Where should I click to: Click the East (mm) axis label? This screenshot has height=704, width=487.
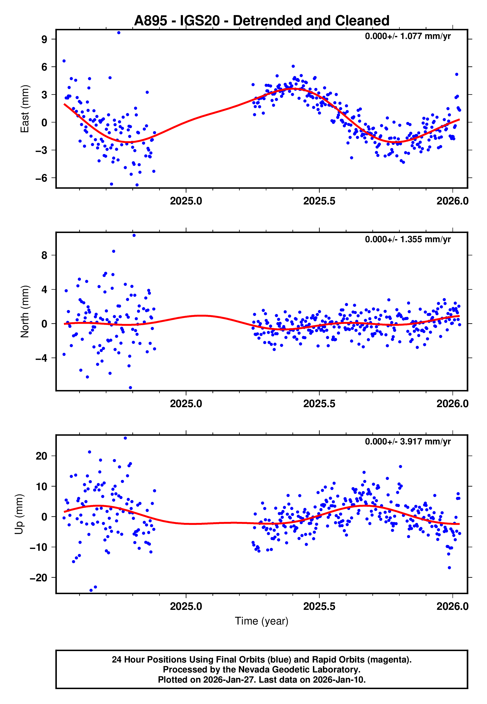click(25, 109)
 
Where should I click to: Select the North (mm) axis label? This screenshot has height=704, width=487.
click(25, 312)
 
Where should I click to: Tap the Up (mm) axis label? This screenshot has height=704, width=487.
click(19, 514)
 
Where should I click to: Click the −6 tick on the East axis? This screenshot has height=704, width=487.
click(41, 178)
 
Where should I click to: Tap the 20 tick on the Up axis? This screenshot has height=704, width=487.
click(41, 456)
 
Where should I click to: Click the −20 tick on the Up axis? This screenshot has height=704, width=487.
click(38, 578)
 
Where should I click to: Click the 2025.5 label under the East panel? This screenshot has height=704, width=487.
click(319, 201)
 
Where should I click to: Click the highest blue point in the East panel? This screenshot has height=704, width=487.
click(119, 33)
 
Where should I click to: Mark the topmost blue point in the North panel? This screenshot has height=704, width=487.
click(134, 235)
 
